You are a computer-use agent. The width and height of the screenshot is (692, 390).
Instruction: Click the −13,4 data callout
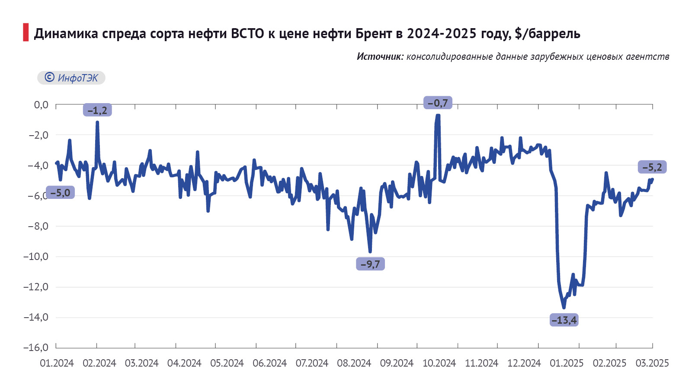click(x=564, y=320)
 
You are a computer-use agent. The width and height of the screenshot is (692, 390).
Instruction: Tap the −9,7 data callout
click(x=370, y=264)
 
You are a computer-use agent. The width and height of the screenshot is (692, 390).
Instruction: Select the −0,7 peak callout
click(x=438, y=103)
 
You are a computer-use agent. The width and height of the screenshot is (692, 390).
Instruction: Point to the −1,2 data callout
click(x=97, y=110)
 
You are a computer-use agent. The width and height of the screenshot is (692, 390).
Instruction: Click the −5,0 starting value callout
click(x=60, y=192)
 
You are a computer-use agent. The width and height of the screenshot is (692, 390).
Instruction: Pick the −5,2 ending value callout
click(x=652, y=167)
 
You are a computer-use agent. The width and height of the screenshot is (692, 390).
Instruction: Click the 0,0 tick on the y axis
click(x=41, y=105)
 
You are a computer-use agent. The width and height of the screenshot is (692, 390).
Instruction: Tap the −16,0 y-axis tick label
click(x=36, y=348)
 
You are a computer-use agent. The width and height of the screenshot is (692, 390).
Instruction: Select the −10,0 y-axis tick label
click(x=36, y=257)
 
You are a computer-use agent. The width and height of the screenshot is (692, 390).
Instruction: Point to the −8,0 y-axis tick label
click(x=38, y=226)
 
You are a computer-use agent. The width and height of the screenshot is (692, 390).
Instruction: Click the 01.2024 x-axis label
click(x=57, y=363)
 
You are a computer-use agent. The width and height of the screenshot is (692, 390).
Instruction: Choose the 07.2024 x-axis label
click(x=312, y=363)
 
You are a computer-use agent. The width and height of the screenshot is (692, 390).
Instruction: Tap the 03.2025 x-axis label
click(x=652, y=363)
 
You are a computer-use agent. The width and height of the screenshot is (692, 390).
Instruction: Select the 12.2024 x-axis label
click(x=524, y=363)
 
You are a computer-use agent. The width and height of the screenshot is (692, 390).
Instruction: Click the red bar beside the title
click(x=26, y=32)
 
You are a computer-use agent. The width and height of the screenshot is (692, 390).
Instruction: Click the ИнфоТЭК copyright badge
click(x=71, y=78)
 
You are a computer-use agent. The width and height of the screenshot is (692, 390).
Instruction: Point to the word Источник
click(x=380, y=56)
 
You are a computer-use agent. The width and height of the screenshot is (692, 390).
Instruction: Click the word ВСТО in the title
click(x=247, y=33)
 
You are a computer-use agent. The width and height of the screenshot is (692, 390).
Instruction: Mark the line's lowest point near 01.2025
click(x=564, y=308)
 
